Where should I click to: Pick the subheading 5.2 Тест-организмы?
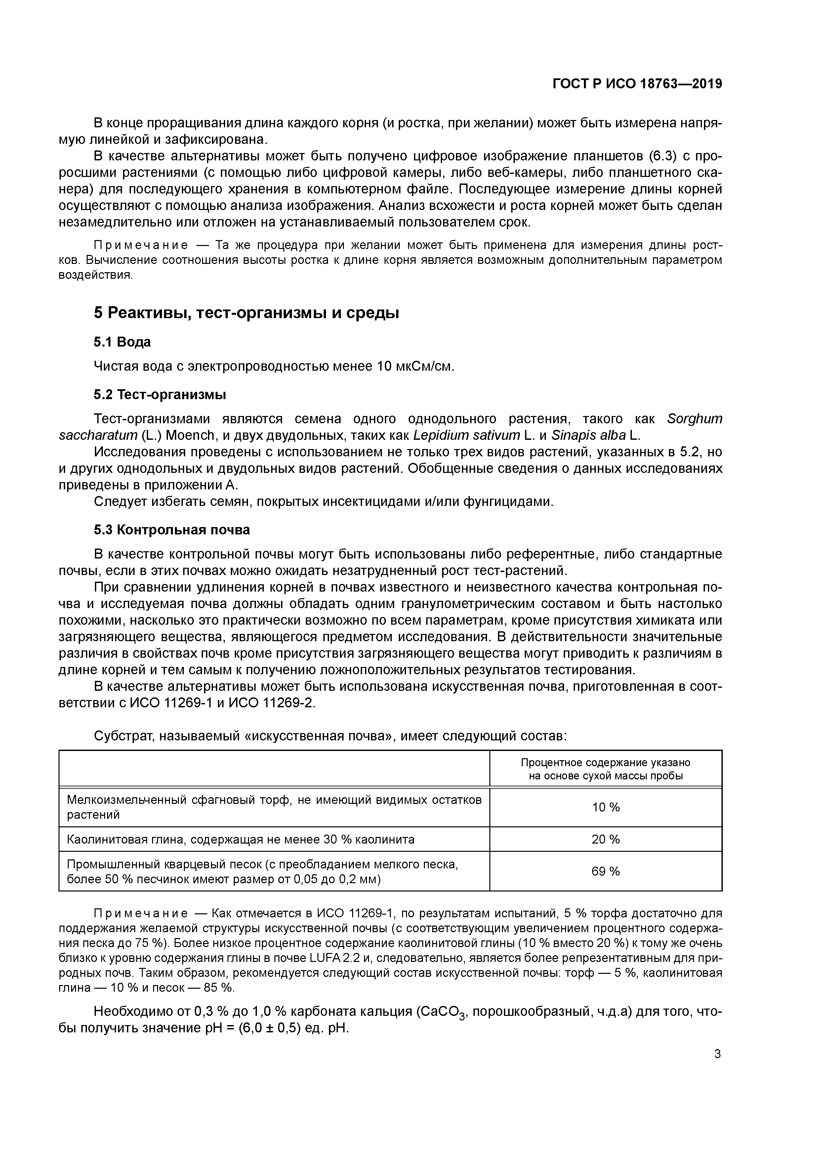[160, 394]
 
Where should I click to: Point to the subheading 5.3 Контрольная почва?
[172, 530]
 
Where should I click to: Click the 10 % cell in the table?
[605, 808]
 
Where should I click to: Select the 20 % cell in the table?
[605, 839]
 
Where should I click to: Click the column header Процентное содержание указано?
[605, 763]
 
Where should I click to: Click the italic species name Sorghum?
[694, 419]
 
